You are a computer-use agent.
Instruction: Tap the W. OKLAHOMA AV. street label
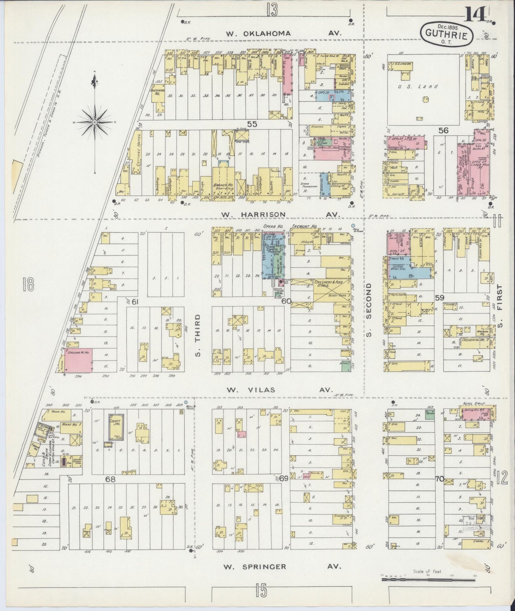click(x=284, y=33)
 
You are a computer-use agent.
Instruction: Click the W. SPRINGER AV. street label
click(x=280, y=566)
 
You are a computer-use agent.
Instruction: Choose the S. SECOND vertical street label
click(x=369, y=310)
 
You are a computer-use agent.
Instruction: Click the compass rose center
click(x=95, y=122)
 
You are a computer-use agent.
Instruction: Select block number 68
click(x=110, y=479)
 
